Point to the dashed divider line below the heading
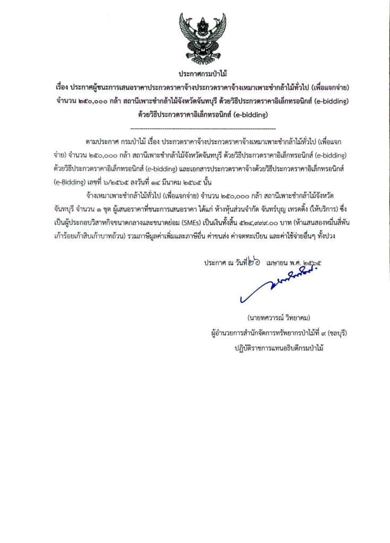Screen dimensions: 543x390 pos(203,129)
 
